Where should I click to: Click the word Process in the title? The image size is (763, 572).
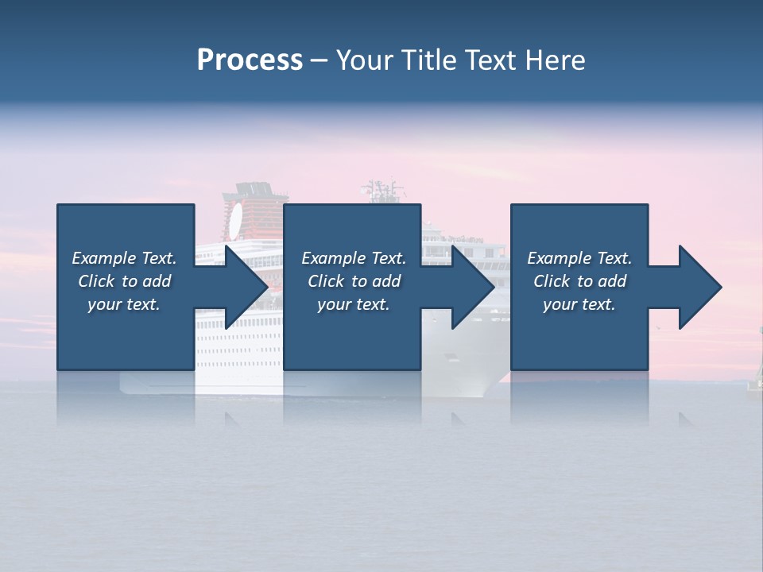tap(250, 60)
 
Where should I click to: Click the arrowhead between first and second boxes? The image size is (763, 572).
tap(246, 288)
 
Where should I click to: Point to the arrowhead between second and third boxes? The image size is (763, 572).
tap(473, 288)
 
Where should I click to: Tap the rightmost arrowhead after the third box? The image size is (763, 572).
tap(699, 288)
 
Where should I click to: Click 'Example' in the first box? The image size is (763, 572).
tap(103, 258)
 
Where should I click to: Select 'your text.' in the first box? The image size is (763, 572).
tap(124, 304)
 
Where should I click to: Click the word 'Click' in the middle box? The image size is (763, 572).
tap(325, 281)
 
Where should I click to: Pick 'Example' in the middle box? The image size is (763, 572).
tap(333, 258)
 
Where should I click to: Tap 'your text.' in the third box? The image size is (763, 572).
tap(579, 304)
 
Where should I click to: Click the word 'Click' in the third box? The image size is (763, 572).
tap(551, 281)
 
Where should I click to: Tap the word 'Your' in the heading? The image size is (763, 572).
tap(362, 60)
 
